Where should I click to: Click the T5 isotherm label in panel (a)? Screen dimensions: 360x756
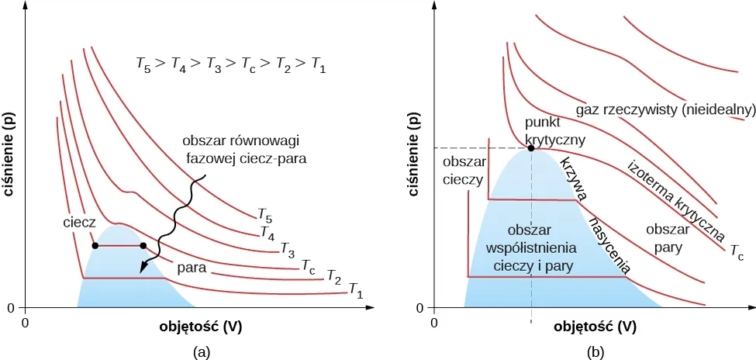[x=264, y=214]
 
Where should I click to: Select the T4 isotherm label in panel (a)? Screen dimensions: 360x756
[x=267, y=231]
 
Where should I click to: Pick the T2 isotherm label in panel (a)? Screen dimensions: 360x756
[x=333, y=275]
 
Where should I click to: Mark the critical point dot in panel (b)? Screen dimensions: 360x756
[x=531, y=147]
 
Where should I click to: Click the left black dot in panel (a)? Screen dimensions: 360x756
[x=95, y=246]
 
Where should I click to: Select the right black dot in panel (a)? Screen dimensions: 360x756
[x=143, y=246]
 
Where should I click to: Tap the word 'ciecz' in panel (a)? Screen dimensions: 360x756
[x=79, y=222]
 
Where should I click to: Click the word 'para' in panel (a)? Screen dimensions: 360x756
[x=191, y=268]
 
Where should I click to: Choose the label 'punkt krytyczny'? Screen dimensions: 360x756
[x=554, y=132]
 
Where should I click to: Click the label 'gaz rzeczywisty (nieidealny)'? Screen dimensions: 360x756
[x=665, y=109]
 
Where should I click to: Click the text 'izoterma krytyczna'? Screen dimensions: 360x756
[x=675, y=199]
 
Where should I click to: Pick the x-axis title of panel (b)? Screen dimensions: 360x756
[x=595, y=327]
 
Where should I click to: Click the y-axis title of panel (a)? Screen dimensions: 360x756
[x=12, y=155]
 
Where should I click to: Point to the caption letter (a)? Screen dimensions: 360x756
[x=202, y=351]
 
